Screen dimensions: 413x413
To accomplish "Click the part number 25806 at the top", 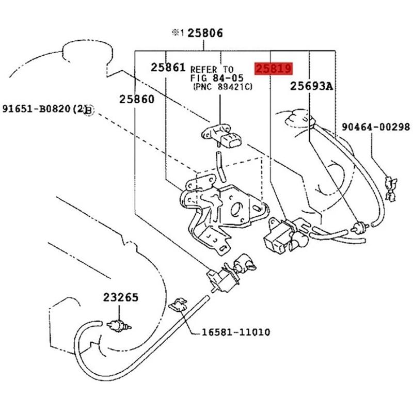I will click(205, 34).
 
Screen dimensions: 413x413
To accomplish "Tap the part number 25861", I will click(168, 67).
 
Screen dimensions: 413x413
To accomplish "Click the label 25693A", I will click(311, 86).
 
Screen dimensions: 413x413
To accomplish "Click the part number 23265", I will click(120, 298).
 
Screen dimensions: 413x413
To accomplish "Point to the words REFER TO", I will click(212, 69).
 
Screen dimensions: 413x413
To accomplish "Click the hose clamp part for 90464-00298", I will click(390, 186).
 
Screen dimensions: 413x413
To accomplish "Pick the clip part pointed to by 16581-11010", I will click(178, 305).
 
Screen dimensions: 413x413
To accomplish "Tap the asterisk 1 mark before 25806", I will click(178, 33).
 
